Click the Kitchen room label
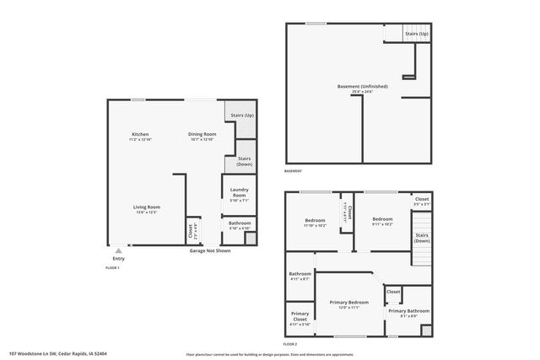pyautogui.click(x=140, y=135)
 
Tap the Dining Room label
pyautogui.click(x=202, y=135)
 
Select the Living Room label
pyautogui.click(x=147, y=207)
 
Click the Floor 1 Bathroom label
pyautogui.click(x=239, y=223)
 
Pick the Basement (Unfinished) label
pyautogui.click(x=361, y=87)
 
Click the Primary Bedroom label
pyautogui.click(x=348, y=301)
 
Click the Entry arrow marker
pyautogui.click(x=118, y=250)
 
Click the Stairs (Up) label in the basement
pyautogui.click(x=416, y=34)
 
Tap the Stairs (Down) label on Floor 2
pyautogui.click(x=422, y=238)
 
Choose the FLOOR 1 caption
pyautogui.click(x=112, y=266)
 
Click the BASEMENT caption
pyautogui.click(x=293, y=171)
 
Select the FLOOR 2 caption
pyautogui.click(x=290, y=345)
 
